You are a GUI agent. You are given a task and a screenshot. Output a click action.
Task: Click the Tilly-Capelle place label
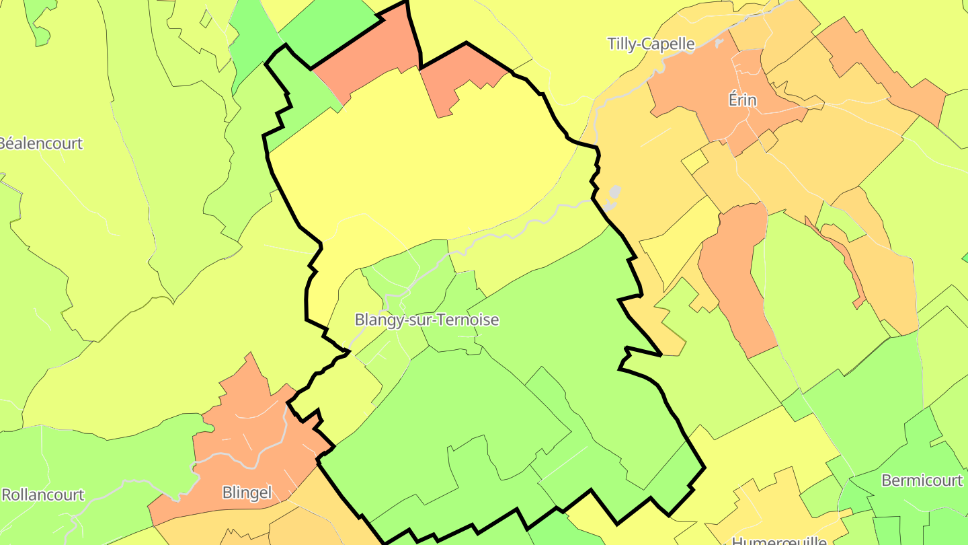pyautogui.click(x=651, y=44)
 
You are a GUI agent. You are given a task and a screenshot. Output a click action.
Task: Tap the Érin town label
pyautogui.click(x=742, y=101)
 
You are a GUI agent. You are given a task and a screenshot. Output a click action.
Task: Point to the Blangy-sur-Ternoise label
pyautogui.click(x=427, y=320)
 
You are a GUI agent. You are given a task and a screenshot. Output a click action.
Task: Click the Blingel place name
pyautogui.click(x=247, y=493)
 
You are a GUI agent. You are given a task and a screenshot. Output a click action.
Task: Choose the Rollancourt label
pyautogui.click(x=43, y=495)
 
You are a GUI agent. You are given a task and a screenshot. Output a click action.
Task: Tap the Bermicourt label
pyautogui.click(x=921, y=481)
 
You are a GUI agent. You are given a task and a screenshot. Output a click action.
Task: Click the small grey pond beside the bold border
pyautogui.click(x=612, y=197)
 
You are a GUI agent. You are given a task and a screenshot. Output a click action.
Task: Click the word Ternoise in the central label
pyautogui.click(x=467, y=320)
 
